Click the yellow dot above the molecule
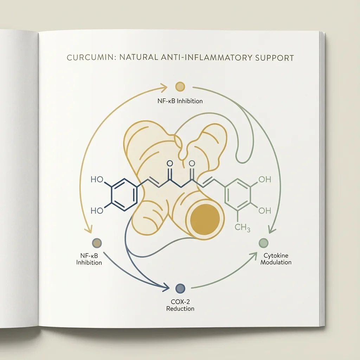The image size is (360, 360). click(x=180, y=86)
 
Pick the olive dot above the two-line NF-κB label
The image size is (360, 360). click(x=96, y=242)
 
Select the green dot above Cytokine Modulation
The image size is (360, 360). click(x=263, y=242)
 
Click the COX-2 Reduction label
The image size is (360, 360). click(x=180, y=305)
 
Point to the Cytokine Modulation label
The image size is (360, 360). click(x=276, y=259)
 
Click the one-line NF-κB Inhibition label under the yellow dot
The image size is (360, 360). click(x=180, y=101)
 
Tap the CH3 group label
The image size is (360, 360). click(x=242, y=228)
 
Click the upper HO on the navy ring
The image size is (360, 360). click(x=97, y=180)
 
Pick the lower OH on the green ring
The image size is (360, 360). click(x=264, y=210)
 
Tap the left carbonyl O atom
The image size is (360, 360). click(x=170, y=163)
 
